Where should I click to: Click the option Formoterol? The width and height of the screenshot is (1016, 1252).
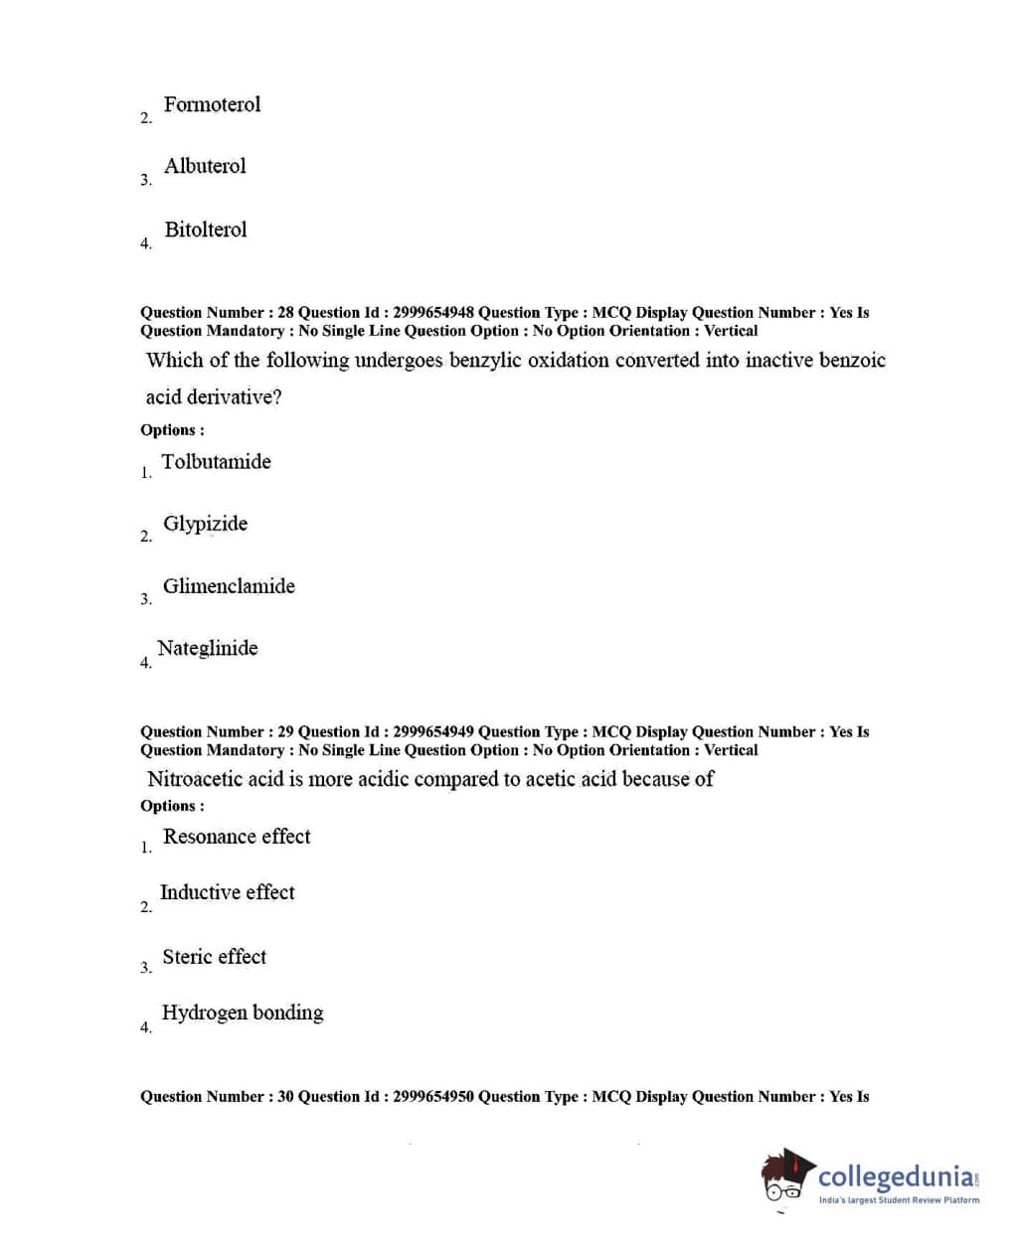[x=212, y=104]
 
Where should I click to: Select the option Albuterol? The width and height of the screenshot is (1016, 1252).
[x=205, y=166]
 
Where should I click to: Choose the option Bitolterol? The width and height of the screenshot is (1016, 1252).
[x=205, y=230]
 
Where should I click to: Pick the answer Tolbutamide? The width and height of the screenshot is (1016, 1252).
[x=216, y=461]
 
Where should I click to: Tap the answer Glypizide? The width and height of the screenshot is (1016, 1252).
[x=205, y=524]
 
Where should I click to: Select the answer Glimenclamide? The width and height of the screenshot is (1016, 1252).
[x=229, y=586]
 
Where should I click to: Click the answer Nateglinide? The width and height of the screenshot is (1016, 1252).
[x=207, y=648]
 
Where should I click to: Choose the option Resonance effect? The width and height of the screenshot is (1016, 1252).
[x=237, y=837]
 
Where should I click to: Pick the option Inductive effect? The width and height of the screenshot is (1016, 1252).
[x=227, y=892]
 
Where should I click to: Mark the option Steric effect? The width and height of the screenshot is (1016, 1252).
[x=214, y=957]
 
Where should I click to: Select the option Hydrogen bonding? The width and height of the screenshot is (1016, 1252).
[x=243, y=1013]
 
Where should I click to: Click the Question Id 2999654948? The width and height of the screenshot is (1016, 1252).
[x=433, y=313]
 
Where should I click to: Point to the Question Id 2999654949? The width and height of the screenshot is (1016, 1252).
[x=433, y=732]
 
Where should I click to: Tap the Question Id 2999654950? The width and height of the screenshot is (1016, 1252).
[x=433, y=1097]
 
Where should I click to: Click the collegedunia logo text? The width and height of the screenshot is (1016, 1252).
[x=896, y=1178]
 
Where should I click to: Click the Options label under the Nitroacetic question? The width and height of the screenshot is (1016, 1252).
[x=172, y=806]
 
